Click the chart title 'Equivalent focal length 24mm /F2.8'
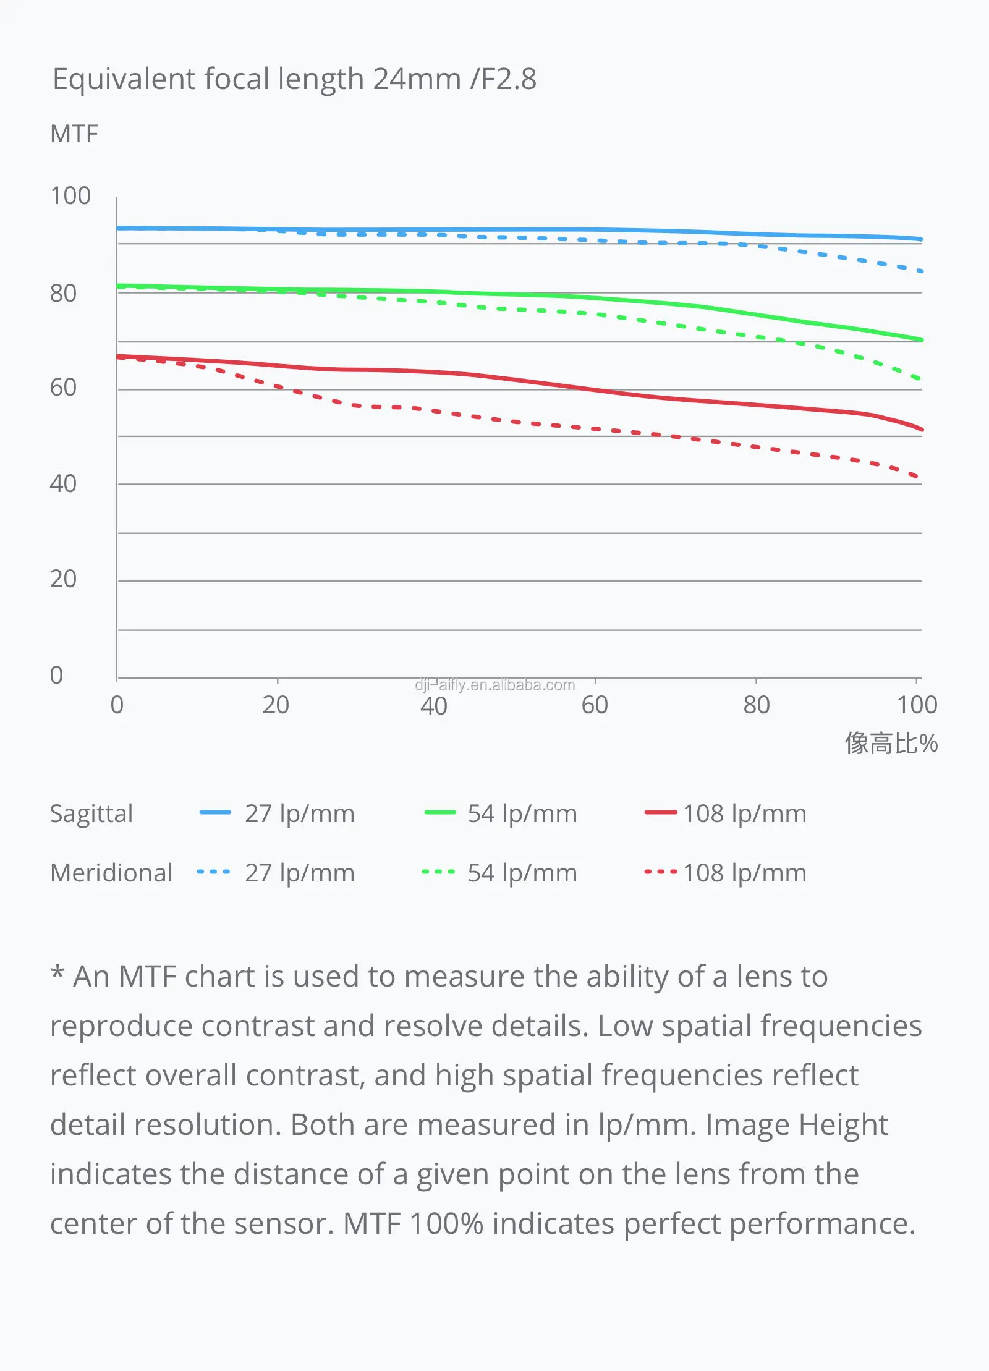click(x=294, y=79)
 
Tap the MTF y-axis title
click(x=74, y=134)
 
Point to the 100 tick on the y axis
click(x=70, y=196)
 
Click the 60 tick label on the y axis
click(x=63, y=388)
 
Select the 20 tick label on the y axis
click(x=63, y=579)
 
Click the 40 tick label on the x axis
click(x=434, y=705)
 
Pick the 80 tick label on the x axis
click(x=757, y=705)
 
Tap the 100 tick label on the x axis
click(x=917, y=705)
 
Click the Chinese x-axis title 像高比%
click(x=891, y=743)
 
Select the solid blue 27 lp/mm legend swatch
click(x=215, y=813)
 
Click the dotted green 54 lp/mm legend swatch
click(x=438, y=872)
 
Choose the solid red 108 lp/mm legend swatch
click(x=661, y=813)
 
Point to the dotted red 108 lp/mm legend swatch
click(x=661, y=872)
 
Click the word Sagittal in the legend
click(x=91, y=813)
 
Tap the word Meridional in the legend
click(x=111, y=873)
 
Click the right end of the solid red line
click(x=922, y=430)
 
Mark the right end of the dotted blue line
click(x=922, y=271)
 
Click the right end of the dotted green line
click(x=921, y=379)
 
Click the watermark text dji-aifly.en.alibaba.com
click(x=494, y=685)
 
